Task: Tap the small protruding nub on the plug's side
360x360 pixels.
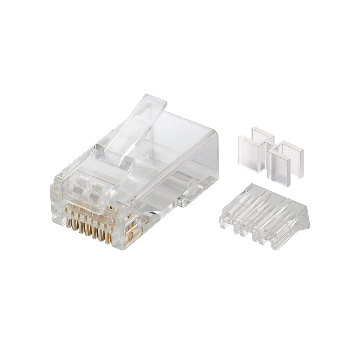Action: click(x=182, y=201)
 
